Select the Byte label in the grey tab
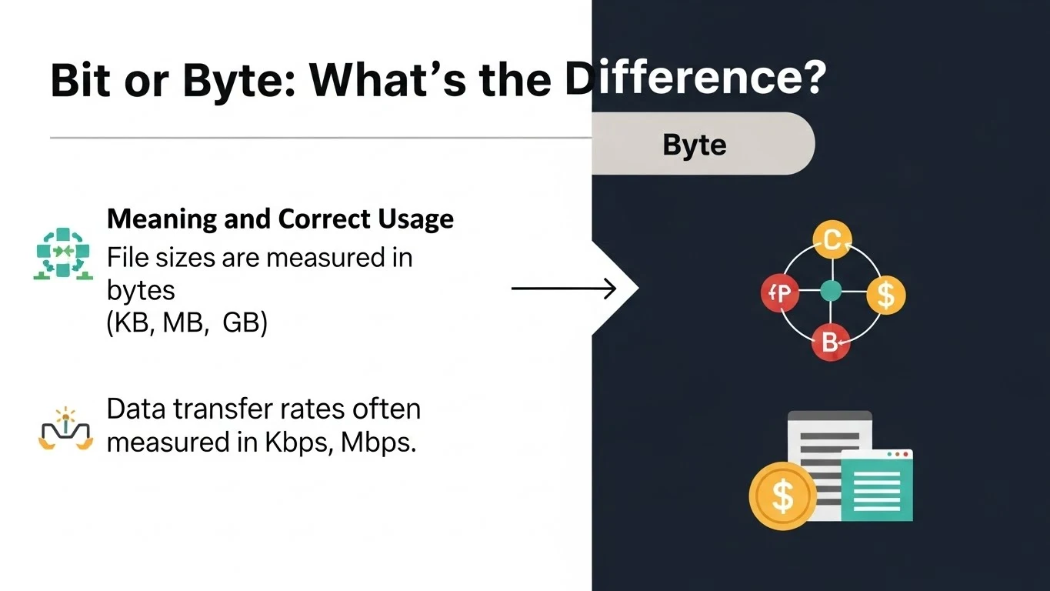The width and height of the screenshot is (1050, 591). [694, 145]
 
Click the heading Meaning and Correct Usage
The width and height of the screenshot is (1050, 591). [280, 219]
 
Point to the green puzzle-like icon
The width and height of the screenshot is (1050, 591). [64, 253]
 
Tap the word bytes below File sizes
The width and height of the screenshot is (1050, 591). [141, 291]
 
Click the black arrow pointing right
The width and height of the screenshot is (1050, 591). [563, 289]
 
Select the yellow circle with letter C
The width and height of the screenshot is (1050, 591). [831, 242]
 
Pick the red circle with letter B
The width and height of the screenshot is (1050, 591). [830, 342]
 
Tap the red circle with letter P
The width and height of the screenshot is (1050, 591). [780, 292]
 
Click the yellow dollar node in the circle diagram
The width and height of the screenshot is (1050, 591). [885, 294]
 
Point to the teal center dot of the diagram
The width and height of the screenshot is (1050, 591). [831, 291]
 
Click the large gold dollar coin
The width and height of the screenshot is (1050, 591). [782, 496]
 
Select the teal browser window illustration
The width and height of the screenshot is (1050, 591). [877, 485]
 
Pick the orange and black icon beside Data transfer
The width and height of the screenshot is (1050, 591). [65, 431]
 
